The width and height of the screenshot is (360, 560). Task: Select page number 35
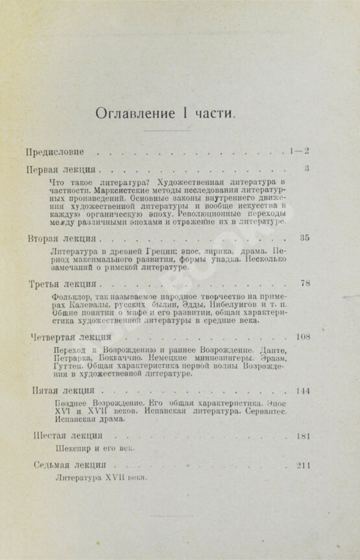tap(305, 237)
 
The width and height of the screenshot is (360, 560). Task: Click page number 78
tap(305, 284)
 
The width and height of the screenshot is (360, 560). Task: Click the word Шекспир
tap(67, 448)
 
